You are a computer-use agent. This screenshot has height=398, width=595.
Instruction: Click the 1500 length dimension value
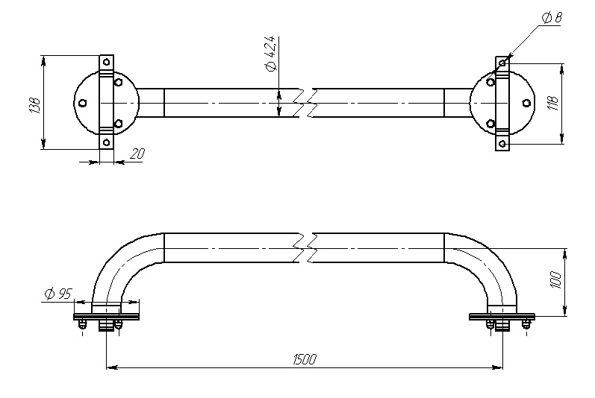pyautogui.click(x=305, y=359)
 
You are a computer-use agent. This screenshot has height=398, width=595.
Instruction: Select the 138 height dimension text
pyautogui.click(x=34, y=106)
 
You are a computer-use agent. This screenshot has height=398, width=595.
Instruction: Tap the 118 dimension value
pyautogui.click(x=554, y=103)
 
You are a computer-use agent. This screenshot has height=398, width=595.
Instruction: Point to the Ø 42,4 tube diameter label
pyautogui.click(x=272, y=54)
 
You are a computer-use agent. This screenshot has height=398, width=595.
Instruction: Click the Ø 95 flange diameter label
pyautogui.click(x=58, y=294)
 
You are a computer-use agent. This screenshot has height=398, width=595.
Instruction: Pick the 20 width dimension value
pyautogui.click(x=137, y=154)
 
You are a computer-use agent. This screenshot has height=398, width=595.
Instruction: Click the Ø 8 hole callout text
pyautogui.click(x=552, y=18)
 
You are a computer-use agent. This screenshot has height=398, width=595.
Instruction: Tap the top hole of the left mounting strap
pyautogui.click(x=107, y=61)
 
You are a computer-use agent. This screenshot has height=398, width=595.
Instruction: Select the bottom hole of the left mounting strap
pyautogui.click(x=107, y=143)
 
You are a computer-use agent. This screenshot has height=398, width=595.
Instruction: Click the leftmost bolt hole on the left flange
pyautogui.click(x=83, y=103)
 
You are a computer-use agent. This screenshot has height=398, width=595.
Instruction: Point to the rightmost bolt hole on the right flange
pyautogui.click(x=526, y=103)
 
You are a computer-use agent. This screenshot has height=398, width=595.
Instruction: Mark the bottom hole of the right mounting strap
pyautogui.click(x=502, y=143)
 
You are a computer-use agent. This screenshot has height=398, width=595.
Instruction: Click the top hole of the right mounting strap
pyautogui.click(x=502, y=62)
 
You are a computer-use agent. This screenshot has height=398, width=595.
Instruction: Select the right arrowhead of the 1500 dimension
pyautogui.click(x=497, y=367)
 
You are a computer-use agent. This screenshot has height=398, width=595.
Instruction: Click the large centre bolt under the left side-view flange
pyautogui.click(x=107, y=325)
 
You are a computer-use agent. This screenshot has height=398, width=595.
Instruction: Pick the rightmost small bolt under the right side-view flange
pyautogui.click(x=526, y=324)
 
